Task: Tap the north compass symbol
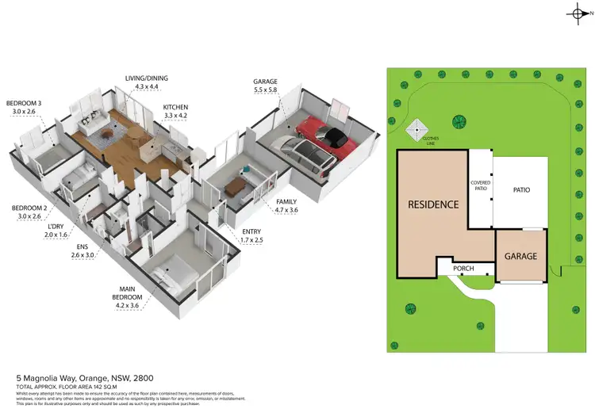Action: coord(577,13)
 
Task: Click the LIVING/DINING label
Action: coord(147,78)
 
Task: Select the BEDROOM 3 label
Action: coord(23,103)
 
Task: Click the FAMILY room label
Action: coord(286,201)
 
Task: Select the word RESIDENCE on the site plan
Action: coord(433,204)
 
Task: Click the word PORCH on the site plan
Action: coord(463,269)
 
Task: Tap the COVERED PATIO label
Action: coord(481,186)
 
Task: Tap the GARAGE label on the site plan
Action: coord(521,257)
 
